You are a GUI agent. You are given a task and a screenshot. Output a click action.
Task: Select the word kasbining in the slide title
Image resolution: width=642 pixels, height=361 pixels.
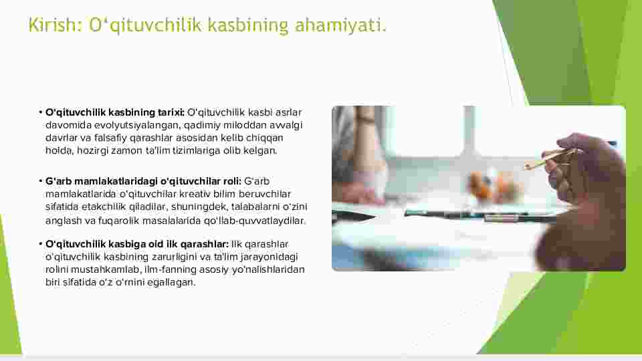coord(248,25)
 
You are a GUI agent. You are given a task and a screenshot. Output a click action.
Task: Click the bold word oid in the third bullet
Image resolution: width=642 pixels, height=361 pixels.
coord(156,244)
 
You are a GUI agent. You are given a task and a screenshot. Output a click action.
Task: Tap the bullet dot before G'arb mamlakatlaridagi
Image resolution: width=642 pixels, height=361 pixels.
coord(41,181)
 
